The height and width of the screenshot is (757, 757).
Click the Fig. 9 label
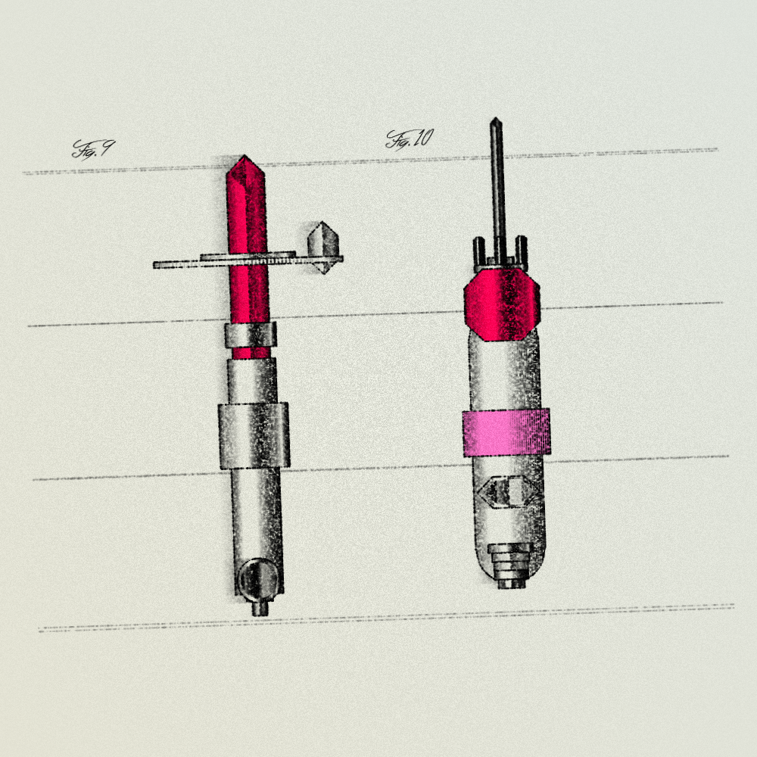[94, 149]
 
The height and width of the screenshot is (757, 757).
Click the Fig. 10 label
[410, 139]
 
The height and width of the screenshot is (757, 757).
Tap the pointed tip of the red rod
[245, 156]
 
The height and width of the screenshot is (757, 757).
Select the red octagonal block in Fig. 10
[502, 305]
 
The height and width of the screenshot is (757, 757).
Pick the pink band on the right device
[506, 432]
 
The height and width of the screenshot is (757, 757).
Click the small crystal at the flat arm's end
[324, 248]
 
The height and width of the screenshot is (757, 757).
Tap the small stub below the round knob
[260, 607]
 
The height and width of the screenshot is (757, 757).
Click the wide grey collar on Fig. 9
[254, 435]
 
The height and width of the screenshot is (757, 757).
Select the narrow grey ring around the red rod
[250, 335]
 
